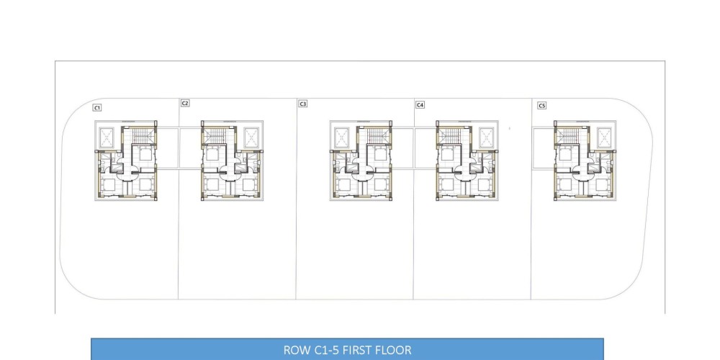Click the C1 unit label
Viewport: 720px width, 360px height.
[x=97, y=107]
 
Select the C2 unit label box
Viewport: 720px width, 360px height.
[x=184, y=103]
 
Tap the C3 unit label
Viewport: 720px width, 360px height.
[x=302, y=104]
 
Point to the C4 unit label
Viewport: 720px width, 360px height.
[x=420, y=104]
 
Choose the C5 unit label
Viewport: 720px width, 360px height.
[x=542, y=106]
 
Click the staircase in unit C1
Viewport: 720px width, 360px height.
[x=141, y=136]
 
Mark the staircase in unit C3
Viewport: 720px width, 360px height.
[x=376, y=136]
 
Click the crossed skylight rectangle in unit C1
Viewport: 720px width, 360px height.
[x=109, y=137]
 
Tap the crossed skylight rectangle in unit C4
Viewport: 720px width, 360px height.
[x=487, y=137]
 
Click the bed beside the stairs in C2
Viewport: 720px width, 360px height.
[x=212, y=154]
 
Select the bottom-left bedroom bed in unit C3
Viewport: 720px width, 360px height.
[x=344, y=184]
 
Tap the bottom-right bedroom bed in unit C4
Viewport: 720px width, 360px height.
[x=485, y=184]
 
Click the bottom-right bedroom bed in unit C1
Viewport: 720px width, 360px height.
[x=145, y=184]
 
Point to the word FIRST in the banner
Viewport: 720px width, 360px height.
[x=357, y=351]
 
